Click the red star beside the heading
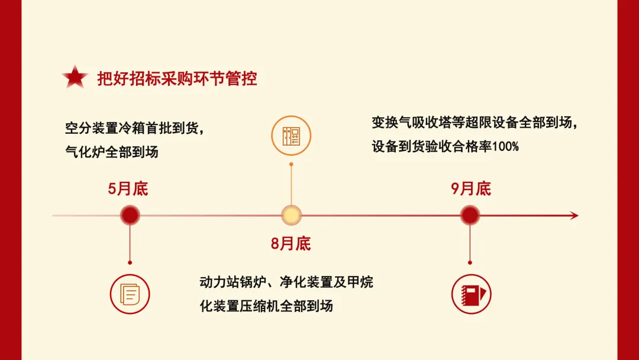[75, 78]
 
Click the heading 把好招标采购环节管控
[177, 78]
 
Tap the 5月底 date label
[128, 189]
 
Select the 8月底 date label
[291, 243]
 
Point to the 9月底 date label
[471, 189]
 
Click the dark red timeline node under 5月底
[130, 216]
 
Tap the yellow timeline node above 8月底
[291, 216]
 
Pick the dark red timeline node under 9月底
[470, 216]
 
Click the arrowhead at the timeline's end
[574, 216]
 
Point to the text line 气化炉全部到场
[112, 152]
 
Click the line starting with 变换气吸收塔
[473, 123]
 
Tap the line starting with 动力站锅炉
[286, 282]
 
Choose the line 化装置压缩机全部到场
[266, 306]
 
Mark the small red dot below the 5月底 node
[130, 262]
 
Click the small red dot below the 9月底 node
[470, 262]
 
